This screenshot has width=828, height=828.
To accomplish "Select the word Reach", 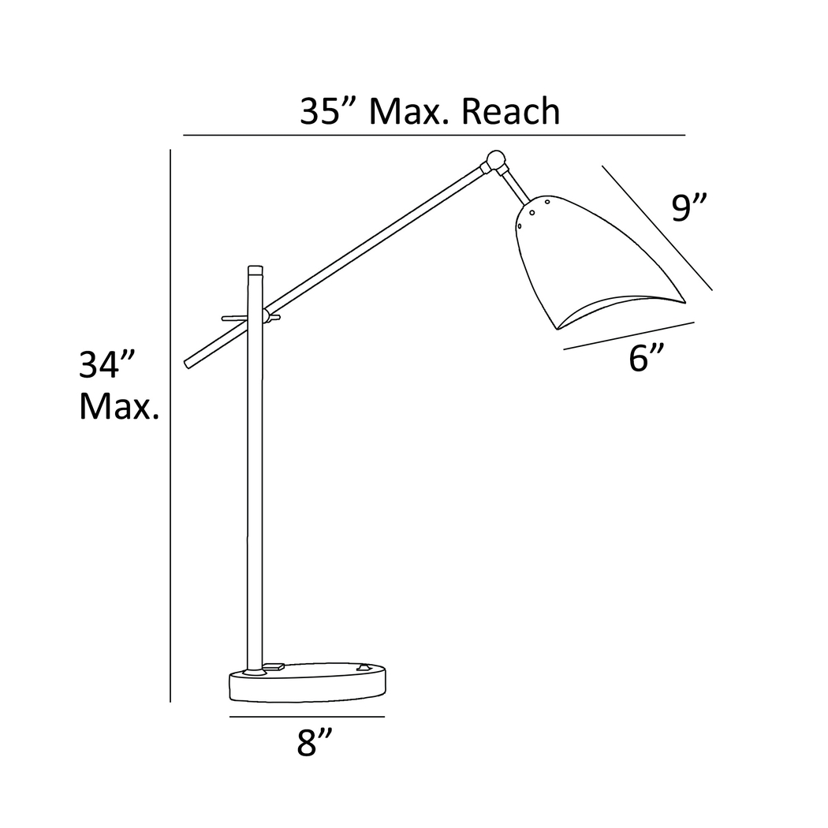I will (510, 112).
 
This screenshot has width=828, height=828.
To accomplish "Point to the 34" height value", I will (109, 366).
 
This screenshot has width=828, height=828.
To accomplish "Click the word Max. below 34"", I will (119, 407).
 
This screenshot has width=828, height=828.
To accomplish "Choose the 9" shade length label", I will (688, 207).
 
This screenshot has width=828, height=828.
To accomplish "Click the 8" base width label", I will (315, 743).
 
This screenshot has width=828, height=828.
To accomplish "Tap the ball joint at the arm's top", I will (496, 159).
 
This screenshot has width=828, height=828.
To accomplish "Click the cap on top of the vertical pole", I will (255, 269).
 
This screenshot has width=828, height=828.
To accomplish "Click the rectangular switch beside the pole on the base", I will (274, 666).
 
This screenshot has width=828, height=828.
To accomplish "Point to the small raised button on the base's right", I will (363, 667).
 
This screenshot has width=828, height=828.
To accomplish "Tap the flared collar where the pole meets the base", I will (254, 673).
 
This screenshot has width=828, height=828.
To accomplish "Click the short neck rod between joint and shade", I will (516, 186).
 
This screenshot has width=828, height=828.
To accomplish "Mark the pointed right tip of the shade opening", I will (683, 300).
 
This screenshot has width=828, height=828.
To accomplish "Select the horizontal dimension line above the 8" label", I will (307, 717).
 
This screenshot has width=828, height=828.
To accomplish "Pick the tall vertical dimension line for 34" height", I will (170, 426).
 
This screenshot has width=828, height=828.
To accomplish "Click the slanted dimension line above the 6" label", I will (628, 335).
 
